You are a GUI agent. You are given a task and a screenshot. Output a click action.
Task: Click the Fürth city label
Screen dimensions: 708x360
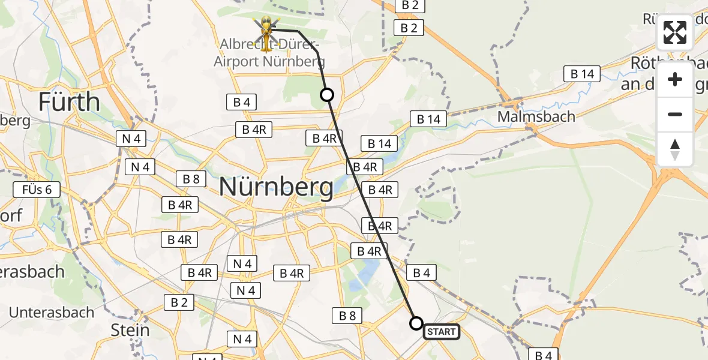pos(69,102)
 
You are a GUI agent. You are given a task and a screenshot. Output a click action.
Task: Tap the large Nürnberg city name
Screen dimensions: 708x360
pos(277,187)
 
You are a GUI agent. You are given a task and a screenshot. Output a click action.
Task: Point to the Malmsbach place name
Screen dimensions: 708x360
pos(536,116)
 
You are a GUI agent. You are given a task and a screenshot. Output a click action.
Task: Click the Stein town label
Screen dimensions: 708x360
pos(130,330)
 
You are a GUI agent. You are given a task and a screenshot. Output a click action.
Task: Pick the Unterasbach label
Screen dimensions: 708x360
pos(52,312)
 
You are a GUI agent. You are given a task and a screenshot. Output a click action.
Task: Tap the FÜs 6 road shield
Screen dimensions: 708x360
pos(37,190)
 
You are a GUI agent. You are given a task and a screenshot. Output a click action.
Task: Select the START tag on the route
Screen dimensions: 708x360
pos(442,331)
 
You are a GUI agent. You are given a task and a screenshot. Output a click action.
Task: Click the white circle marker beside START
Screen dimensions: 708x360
pos(416,323)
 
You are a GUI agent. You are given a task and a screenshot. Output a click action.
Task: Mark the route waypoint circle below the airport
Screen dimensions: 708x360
pos(327,95)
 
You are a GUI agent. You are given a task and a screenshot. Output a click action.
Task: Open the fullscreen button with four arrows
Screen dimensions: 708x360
pos(675,32)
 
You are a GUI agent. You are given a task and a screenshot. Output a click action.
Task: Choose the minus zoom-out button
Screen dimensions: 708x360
pos(675,114)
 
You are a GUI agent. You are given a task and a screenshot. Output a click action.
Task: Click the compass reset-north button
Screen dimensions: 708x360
pos(675,149)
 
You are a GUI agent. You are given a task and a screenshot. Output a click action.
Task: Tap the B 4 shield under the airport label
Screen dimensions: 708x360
pos(242,102)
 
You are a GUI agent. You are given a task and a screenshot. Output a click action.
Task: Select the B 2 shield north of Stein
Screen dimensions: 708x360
pos(179,302)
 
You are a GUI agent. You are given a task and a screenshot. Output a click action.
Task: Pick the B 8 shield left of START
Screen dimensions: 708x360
pos(347,316)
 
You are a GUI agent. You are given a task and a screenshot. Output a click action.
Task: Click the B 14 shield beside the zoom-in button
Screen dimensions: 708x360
pos(582,74)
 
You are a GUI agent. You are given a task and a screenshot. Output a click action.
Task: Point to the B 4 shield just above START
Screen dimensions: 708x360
pos(421,273)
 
